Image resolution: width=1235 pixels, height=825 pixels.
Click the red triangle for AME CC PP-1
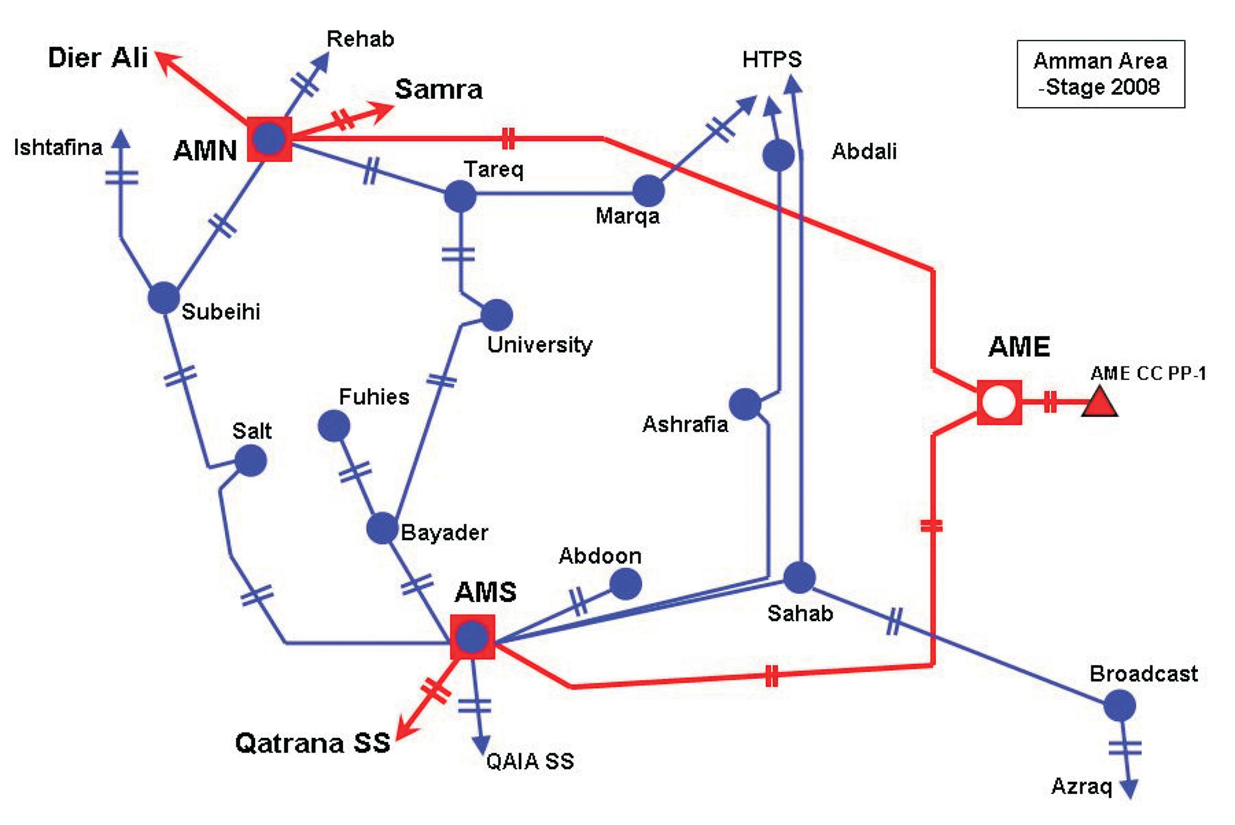click(1099, 402)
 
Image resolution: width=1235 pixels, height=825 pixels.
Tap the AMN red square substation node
click(270, 139)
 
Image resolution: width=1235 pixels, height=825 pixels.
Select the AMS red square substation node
click(472, 636)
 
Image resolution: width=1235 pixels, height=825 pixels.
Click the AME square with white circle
click(999, 402)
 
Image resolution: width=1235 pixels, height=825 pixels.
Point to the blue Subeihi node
click(163, 298)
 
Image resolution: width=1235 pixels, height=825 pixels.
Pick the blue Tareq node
click(460, 196)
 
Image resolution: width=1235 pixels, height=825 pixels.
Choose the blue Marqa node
click(648, 191)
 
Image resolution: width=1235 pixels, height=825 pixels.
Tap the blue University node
click(497, 315)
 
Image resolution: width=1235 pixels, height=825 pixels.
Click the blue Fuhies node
click(334, 425)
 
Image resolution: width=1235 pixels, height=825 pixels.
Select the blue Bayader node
click(382, 528)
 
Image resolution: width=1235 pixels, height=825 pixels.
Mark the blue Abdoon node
click(625, 584)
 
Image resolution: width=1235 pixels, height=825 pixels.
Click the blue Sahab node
click(800, 577)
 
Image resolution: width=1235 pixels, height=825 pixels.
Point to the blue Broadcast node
click(1119, 706)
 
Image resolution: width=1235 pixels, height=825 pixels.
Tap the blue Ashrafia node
click(746, 404)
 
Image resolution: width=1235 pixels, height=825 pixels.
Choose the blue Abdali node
click(778, 155)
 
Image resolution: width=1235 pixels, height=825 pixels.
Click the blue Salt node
click(250, 461)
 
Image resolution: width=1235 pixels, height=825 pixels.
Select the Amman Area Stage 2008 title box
click(1100, 74)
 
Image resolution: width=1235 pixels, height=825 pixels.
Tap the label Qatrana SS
click(313, 743)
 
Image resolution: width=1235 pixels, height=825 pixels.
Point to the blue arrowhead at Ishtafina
click(121, 139)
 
